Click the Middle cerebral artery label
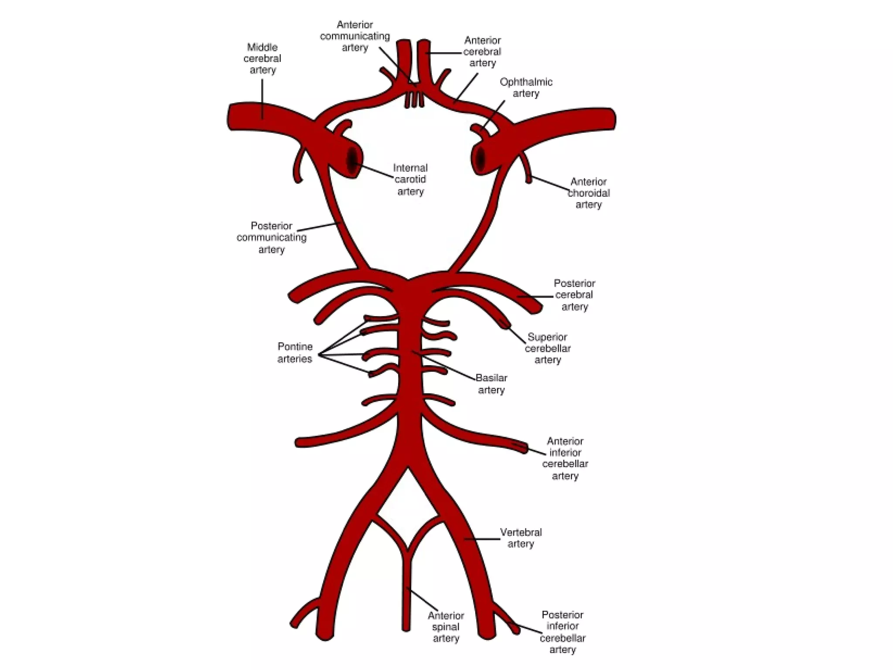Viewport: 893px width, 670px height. click(262, 58)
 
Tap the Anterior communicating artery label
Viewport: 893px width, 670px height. click(354, 36)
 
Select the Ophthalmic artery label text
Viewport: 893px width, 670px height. click(526, 88)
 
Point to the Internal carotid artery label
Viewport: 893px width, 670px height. click(410, 179)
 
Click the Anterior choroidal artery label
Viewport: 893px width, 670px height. click(588, 193)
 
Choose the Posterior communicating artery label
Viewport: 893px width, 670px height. click(271, 237)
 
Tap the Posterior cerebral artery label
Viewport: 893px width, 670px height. click(574, 295)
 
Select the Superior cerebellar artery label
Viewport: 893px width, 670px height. click(548, 348)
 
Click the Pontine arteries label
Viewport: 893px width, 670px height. click(295, 352)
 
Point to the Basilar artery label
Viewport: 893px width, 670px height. click(491, 384)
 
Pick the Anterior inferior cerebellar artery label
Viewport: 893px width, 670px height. click(565, 458)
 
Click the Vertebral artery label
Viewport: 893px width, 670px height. click(521, 538)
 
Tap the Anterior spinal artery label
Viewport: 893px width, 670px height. click(446, 627)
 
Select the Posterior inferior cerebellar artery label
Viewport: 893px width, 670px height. click(562, 632)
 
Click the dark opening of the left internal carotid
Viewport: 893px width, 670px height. click(352, 161)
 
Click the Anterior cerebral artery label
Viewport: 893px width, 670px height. click(482, 51)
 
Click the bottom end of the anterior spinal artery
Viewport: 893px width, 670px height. click(406, 628)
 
